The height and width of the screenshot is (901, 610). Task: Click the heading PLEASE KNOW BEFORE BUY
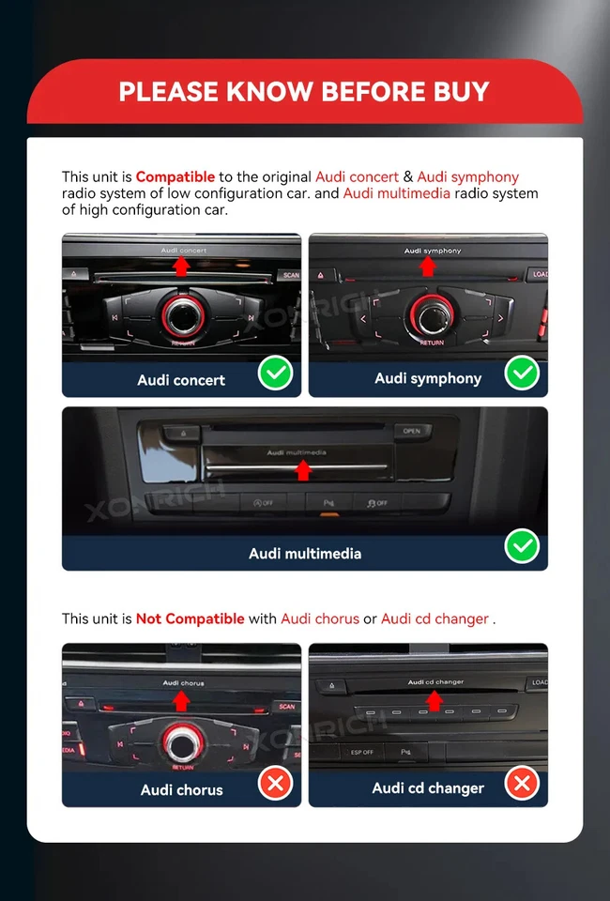[304, 91]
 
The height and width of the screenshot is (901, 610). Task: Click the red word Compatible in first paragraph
[175, 176]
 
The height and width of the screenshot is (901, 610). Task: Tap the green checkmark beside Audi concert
[275, 374]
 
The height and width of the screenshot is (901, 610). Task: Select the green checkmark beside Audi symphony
[521, 374]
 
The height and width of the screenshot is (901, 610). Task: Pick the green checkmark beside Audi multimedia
[521, 546]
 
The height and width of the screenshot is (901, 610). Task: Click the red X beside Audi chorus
[275, 783]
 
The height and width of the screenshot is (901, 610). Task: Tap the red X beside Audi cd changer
[521, 783]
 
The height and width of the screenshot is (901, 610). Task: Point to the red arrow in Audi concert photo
[182, 266]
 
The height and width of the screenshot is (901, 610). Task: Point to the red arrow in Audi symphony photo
[428, 267]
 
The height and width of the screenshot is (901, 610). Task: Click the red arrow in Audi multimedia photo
[302, 469]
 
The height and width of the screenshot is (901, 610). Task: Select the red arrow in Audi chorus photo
[182, 700]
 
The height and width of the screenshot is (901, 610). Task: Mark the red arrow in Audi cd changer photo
[434, 700]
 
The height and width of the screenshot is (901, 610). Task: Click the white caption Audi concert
[181, 380]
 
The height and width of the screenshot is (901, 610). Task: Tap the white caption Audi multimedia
[304, 554]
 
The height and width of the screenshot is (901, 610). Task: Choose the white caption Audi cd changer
[428, 788]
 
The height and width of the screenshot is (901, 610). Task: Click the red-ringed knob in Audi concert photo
[182, 315]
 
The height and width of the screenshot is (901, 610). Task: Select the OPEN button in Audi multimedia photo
[411, 432]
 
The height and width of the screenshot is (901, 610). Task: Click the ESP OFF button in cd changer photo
[362, 752]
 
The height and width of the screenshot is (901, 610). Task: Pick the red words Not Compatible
[190, 618]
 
